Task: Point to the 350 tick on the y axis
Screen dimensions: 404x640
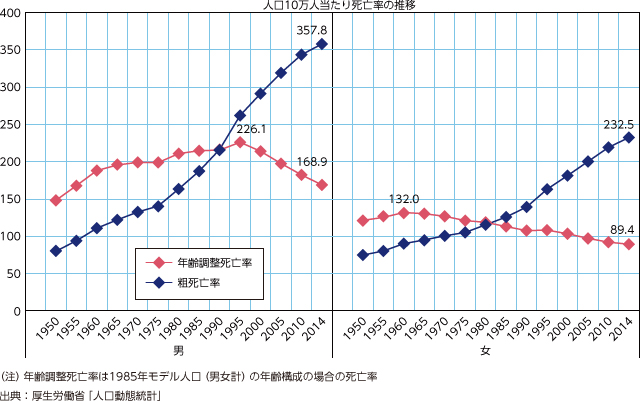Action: point(15,50)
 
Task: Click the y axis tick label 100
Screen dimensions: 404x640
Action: point(15,237)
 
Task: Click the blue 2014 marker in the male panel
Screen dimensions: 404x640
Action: point(321,44)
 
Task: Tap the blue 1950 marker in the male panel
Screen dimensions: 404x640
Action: point(55,251)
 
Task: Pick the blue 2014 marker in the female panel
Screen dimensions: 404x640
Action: point(629,137)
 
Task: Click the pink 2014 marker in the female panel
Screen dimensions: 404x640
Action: point(629,244)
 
